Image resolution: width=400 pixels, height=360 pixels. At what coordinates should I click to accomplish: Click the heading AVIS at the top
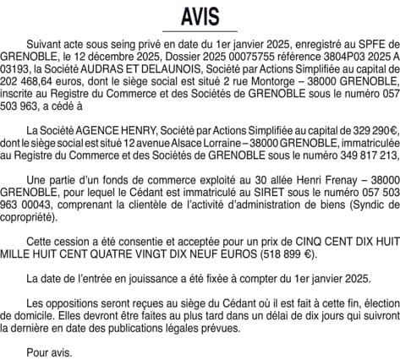point(200,16)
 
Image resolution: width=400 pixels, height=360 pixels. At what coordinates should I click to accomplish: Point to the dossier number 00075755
point(238,51)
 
